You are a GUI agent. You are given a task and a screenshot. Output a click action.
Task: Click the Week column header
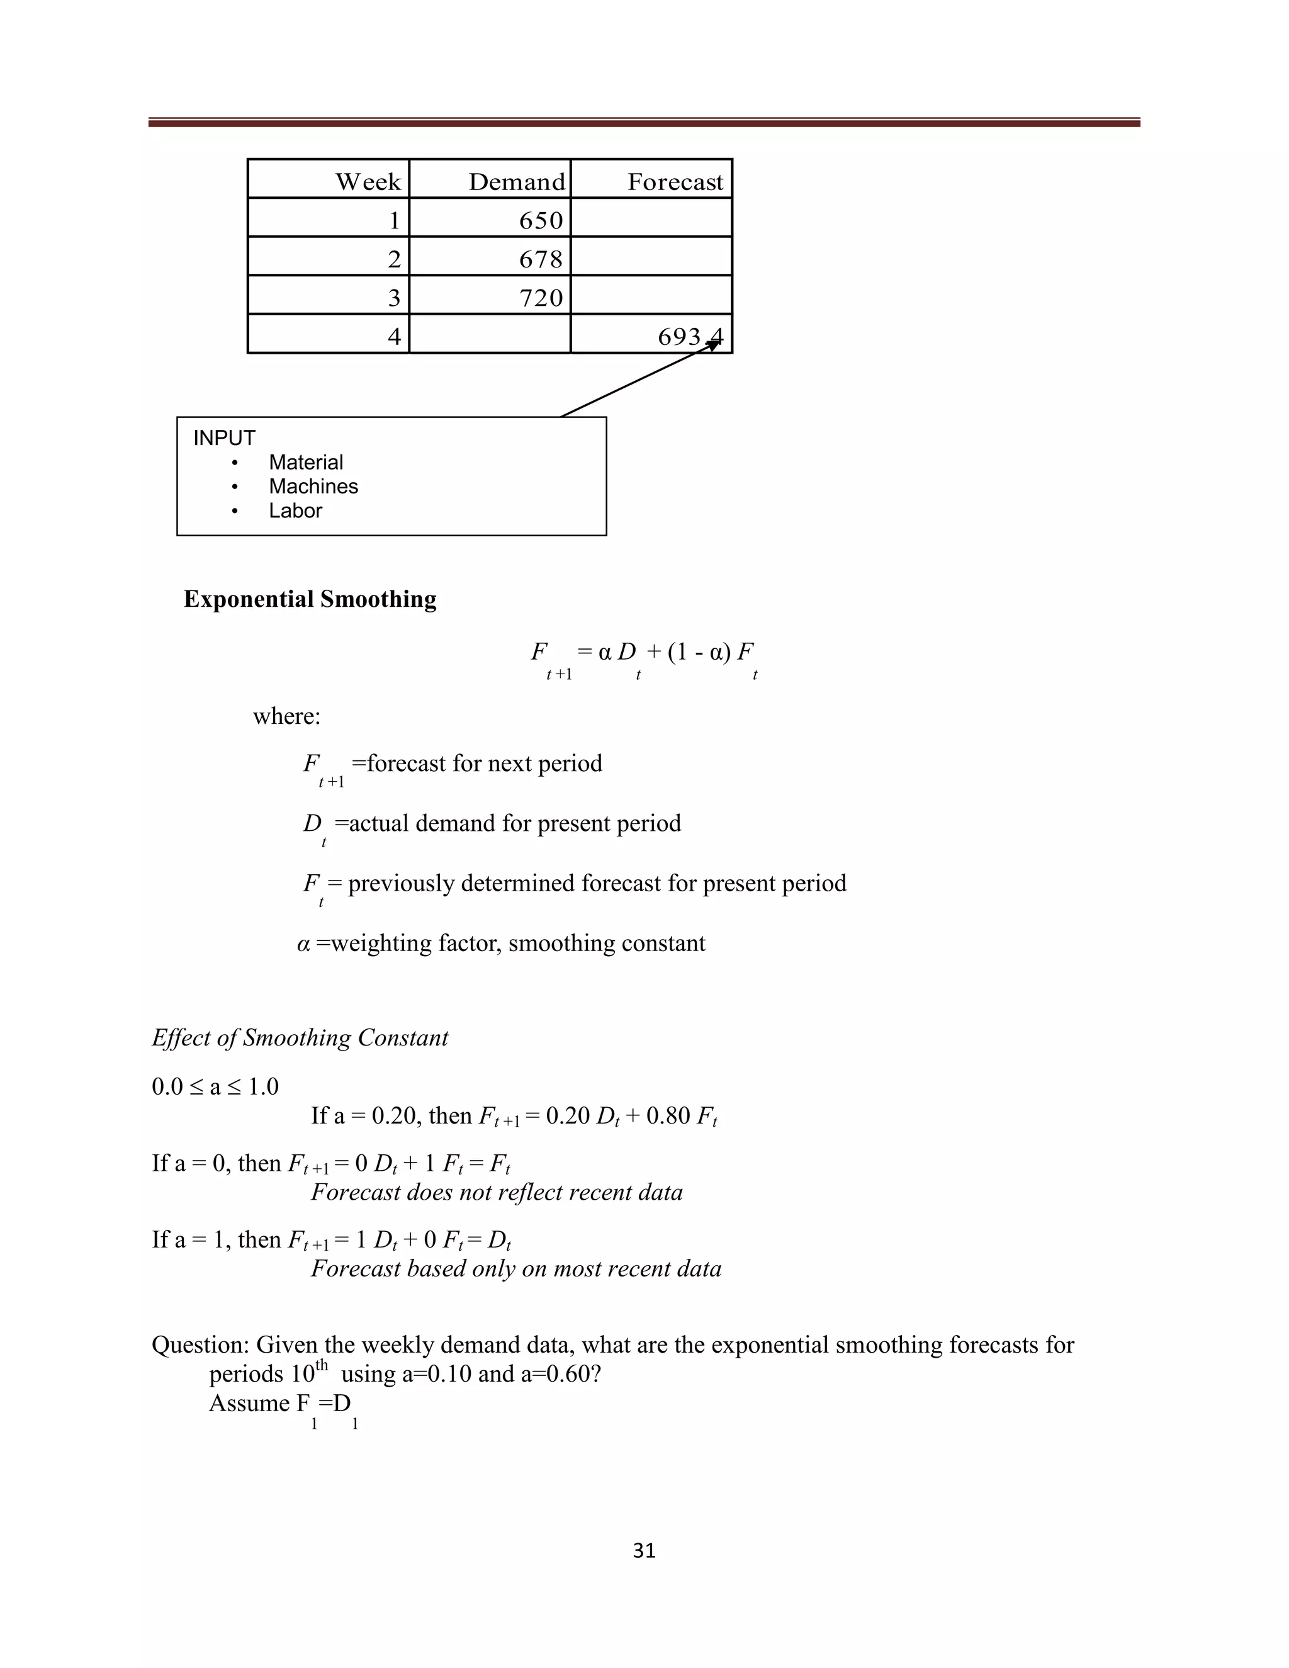[x=368, y=182]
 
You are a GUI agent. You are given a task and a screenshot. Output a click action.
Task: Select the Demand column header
[x=516, y=182]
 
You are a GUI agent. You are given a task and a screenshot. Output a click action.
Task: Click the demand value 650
[x=541, y=221]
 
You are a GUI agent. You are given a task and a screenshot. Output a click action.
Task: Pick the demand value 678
[x=541, y=260]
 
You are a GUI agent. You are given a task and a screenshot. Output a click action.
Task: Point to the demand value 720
[x=541, y=298]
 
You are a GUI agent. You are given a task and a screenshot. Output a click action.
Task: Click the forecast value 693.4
[x=690, y=337]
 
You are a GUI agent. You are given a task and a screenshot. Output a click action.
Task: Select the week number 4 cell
[x=394, y=337]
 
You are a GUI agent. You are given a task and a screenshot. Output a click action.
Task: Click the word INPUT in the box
[x=223, y=438]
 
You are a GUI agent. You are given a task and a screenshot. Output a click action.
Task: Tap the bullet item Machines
[x=313, y=487]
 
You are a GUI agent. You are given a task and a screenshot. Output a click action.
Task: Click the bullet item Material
[x=305, y=463]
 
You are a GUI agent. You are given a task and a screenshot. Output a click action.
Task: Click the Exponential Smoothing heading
[x=310, y=599]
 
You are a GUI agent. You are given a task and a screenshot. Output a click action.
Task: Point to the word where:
[x=286, y=716]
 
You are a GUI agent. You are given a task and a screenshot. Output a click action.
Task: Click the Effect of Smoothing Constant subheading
[x=300, y=1038]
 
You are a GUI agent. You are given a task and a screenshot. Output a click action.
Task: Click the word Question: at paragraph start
[x=200, y=1345]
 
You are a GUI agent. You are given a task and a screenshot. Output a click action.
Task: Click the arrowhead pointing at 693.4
[x=714, y=345]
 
